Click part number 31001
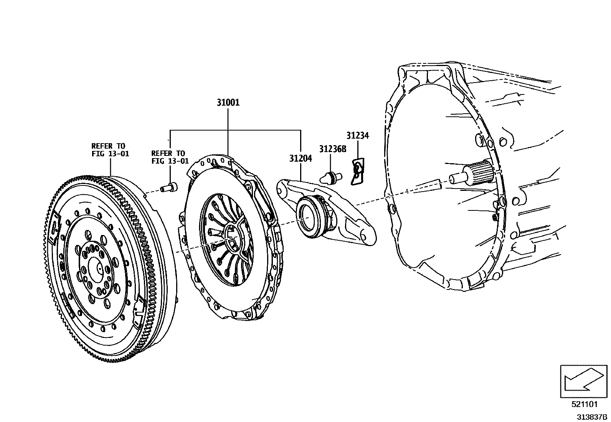[228, 103]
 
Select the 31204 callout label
[301, 158]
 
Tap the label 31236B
[332, 149]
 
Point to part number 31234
[357, 136]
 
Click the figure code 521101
[585, 404]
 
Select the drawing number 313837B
[591, 416]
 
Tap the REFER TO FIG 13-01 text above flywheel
[110, 150]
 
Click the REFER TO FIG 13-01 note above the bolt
[170, 157]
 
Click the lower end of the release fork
[367, 236]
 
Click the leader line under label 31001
[228, 131]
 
